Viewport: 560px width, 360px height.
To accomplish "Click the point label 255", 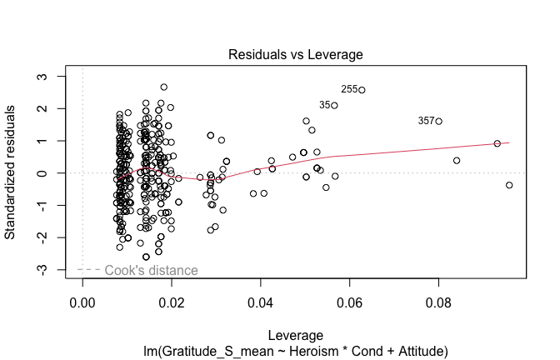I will [349, 89].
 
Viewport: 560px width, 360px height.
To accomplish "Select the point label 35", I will [324, 105].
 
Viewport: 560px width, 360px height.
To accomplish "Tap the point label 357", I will [426, 121].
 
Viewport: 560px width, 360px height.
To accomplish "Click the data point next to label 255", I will [362, 90].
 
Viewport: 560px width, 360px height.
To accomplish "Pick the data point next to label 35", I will [334, 106].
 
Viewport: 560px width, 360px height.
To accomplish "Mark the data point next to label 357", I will [438, 122].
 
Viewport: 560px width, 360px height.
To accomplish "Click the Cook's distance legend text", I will [151, 270].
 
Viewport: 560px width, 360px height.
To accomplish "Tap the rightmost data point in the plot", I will [509, 185].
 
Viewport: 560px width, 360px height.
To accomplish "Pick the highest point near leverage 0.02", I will [164, 87].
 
